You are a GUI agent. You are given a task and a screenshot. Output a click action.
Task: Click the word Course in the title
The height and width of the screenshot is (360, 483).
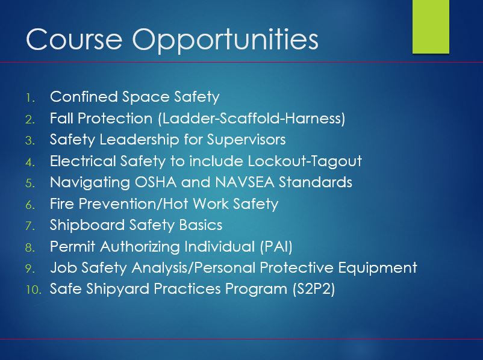point(74,39)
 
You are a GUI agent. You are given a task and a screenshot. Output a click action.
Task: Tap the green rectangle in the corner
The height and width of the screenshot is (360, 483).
point(431,27)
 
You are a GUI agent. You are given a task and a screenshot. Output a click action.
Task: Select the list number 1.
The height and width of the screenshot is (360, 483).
point(30,98)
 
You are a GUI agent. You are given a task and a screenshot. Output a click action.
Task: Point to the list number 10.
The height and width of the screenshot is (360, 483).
point(33,290)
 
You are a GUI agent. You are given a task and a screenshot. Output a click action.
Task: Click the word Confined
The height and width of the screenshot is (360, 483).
point(84,97)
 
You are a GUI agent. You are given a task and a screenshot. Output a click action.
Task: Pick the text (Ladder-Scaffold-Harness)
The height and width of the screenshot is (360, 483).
point(252,119)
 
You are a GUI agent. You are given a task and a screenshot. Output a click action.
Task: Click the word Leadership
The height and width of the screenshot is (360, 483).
point(139,140)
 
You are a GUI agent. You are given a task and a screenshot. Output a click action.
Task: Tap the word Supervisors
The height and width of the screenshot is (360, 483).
point(246,140)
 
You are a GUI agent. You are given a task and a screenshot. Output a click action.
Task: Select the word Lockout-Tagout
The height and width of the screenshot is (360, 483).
point(305,161)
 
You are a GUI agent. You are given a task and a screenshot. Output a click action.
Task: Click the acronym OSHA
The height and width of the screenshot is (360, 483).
point(155,182)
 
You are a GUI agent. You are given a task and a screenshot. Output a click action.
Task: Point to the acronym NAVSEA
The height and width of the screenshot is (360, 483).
point(245,182)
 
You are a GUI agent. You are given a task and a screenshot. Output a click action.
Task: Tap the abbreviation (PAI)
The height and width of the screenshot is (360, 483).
point(276,247)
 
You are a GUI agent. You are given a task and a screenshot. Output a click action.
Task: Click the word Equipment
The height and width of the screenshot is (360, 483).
point(378,268)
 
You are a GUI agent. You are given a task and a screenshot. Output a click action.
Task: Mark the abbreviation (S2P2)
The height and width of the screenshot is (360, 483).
point(314,289)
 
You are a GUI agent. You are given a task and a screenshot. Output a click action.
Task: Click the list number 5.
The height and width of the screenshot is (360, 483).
point(30,184)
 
